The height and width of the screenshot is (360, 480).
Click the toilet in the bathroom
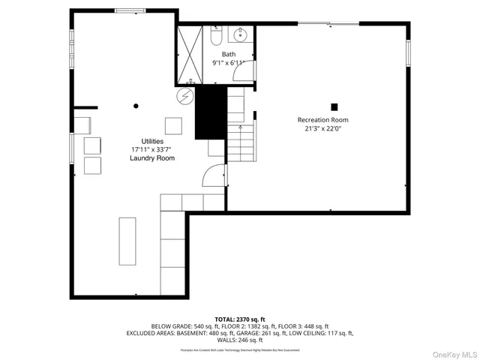215,36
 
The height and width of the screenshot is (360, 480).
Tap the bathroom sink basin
241,35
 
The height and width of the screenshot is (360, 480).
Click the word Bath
228,54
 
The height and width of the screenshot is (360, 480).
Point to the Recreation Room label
322,120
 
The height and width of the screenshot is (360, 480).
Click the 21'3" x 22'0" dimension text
322,128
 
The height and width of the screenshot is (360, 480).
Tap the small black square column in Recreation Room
334,106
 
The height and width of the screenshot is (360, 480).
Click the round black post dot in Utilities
136,106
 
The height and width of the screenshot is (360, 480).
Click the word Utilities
152,142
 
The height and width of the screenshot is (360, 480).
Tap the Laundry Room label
152,158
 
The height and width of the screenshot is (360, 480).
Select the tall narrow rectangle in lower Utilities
127,241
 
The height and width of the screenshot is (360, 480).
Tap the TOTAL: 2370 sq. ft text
240,319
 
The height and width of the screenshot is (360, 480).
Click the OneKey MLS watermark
453,353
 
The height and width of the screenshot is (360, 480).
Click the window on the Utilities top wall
130,10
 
